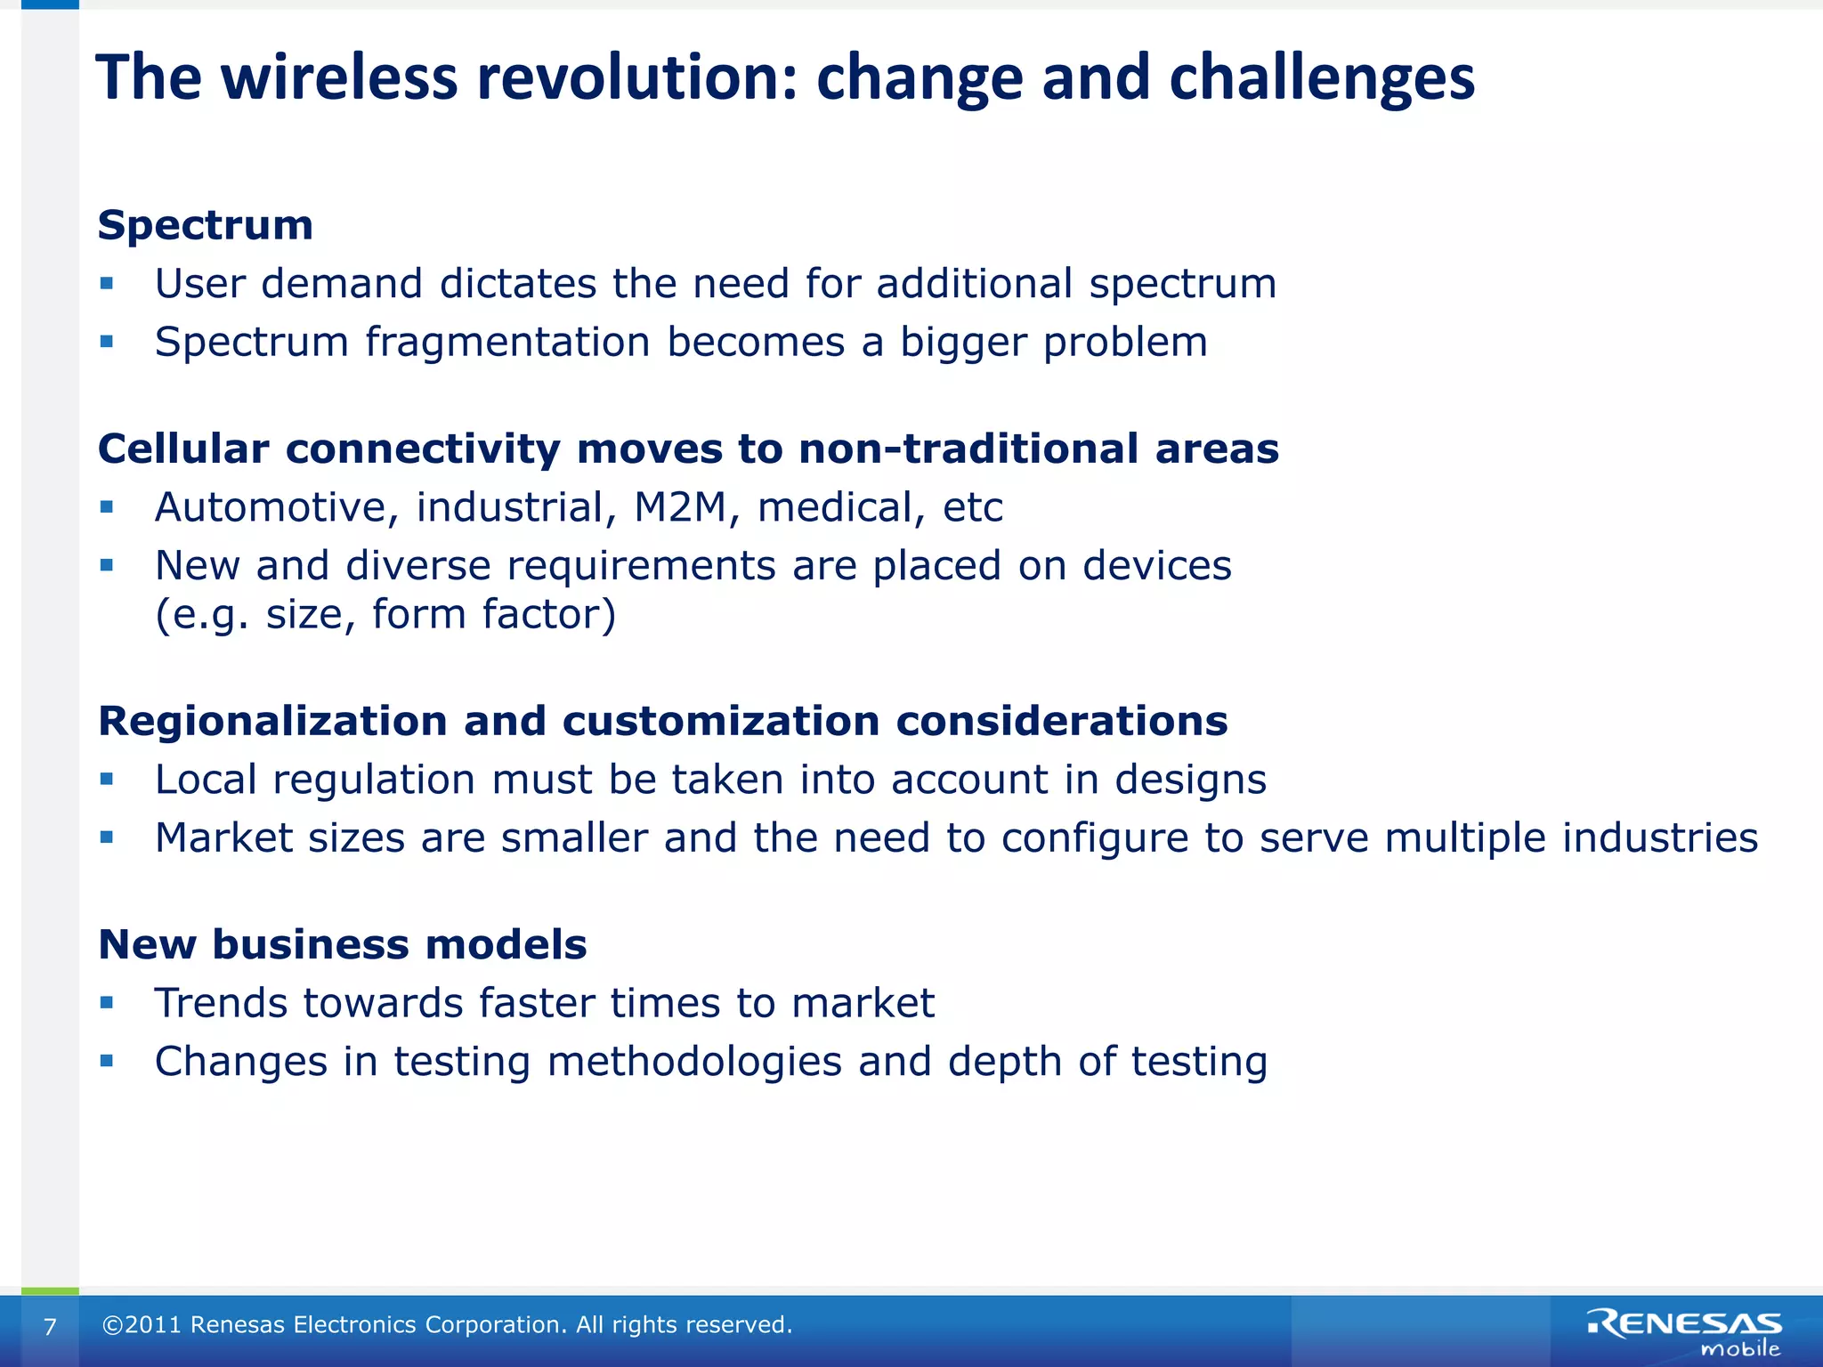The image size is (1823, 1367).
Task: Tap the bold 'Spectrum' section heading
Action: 206,225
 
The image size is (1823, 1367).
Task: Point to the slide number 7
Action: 50,1327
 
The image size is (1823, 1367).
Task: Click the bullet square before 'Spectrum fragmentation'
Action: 107,342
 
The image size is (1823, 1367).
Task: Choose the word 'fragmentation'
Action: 507,343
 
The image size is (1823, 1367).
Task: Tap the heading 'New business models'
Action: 343,945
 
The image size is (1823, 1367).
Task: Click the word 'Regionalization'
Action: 272,722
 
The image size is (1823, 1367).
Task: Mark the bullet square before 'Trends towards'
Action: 107,1003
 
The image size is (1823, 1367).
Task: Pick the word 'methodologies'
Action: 694,1063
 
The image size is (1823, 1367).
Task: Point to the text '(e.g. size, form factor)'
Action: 385,615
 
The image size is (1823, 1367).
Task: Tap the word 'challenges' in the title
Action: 1322,78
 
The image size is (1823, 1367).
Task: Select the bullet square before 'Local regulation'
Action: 107,780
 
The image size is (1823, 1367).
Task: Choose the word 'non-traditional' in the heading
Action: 968,449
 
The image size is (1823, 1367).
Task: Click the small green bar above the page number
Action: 50,1290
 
